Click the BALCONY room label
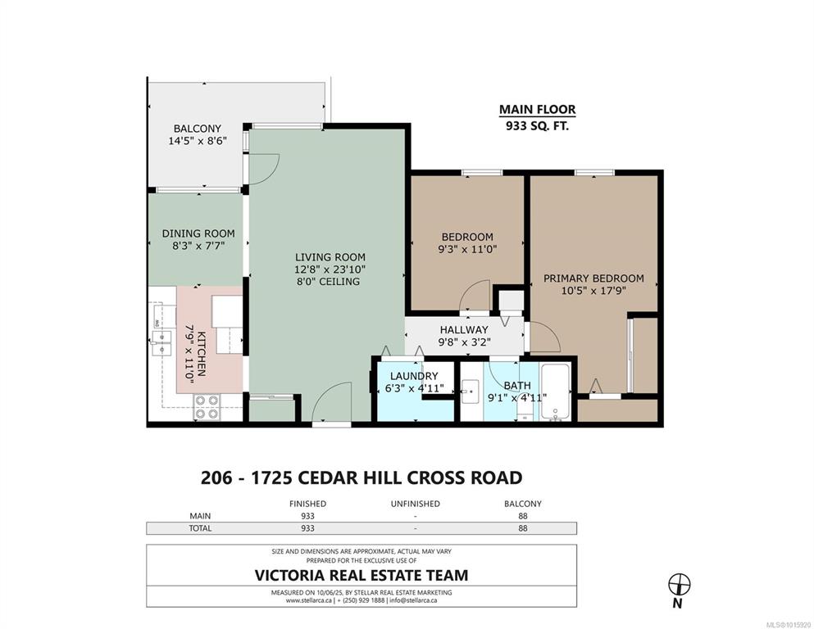click(198, 128)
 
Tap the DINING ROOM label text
click(198, 233)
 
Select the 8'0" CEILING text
click(327, 282)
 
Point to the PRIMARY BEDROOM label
click(593, 278)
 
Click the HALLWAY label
click(464, 330)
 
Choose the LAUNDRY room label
click(414, 376)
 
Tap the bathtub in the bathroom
click(556, 391)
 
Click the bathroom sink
click(471, 391)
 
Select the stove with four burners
click(206, 407)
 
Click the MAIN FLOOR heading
click(537, 110)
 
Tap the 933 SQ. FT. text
click(537, 125)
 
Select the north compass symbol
click(679, 585)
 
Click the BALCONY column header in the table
click(523, 504)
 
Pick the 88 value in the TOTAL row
click(523, 528)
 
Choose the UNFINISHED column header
click(416, 504)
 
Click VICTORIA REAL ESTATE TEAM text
click(362, 575)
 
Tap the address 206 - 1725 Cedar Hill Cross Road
click(362, 477)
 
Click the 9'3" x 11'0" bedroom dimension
click(468, 249)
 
